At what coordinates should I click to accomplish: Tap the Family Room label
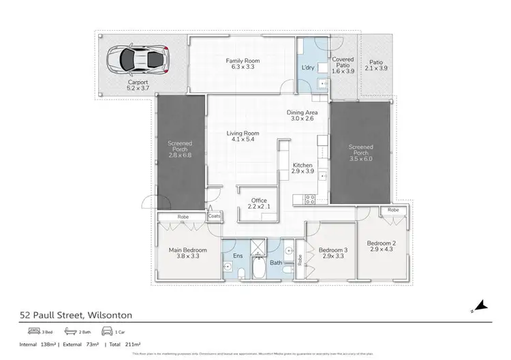coord(243,61)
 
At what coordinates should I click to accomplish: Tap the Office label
coord(259,200)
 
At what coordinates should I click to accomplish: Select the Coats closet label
coord(214,216)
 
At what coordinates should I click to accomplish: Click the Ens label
coord(238,256)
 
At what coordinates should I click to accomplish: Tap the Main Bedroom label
coord(187,250)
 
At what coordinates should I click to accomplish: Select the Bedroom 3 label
coord(334,250)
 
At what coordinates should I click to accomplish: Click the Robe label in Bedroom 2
coord(393,210)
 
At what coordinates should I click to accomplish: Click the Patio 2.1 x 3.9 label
coord(375,64)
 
